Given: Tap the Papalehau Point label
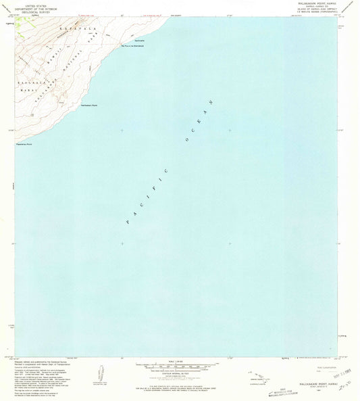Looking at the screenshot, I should [25, 144].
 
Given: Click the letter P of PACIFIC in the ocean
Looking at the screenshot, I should [128, 221].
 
